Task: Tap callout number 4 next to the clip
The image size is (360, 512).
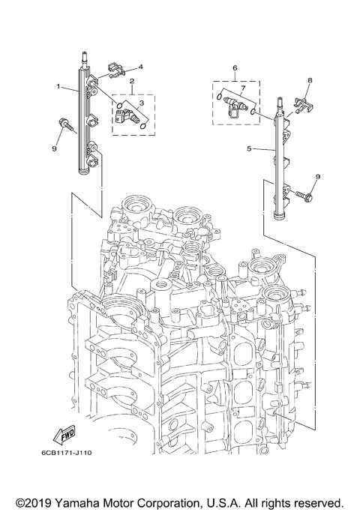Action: (140, 67)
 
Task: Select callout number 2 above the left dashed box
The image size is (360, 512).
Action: (132, 81)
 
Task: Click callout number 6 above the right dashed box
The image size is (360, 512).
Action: (235, 67)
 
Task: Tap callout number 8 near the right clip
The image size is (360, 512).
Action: (309, 79)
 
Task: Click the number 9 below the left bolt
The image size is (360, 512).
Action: (53, 148)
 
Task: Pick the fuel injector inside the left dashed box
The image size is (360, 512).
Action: (127, 114)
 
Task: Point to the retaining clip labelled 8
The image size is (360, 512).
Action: (301, 105)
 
